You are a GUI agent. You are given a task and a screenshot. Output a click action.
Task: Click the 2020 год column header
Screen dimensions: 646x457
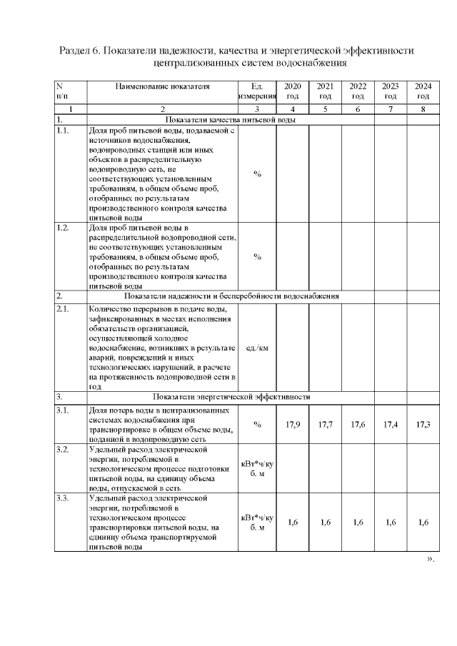[292, 91]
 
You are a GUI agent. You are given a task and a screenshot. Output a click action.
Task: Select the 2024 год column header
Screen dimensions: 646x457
[423, 91]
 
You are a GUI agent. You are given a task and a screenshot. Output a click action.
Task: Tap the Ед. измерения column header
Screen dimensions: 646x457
[257, 91]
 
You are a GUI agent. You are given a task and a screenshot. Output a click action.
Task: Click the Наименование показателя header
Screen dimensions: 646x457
[163, 86]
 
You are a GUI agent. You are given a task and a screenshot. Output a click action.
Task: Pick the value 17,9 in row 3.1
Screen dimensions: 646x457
[293, 425]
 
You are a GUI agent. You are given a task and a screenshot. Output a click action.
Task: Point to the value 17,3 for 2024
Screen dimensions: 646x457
[423, 425]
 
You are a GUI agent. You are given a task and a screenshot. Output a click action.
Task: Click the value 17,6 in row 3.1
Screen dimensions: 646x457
[358, 425]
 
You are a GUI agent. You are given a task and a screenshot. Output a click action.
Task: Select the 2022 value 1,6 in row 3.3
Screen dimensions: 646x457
[358, 522]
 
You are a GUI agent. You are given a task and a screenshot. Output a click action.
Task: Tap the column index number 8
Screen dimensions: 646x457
[423, 109]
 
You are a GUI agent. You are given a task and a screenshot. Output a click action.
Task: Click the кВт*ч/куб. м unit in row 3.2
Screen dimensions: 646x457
[257, 469]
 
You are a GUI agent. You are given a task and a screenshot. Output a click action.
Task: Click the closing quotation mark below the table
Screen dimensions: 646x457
[431, 558]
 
